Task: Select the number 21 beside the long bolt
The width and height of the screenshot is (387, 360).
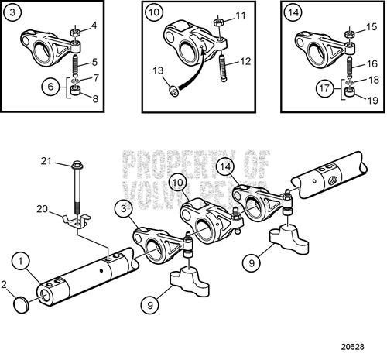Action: coord(46,160)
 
